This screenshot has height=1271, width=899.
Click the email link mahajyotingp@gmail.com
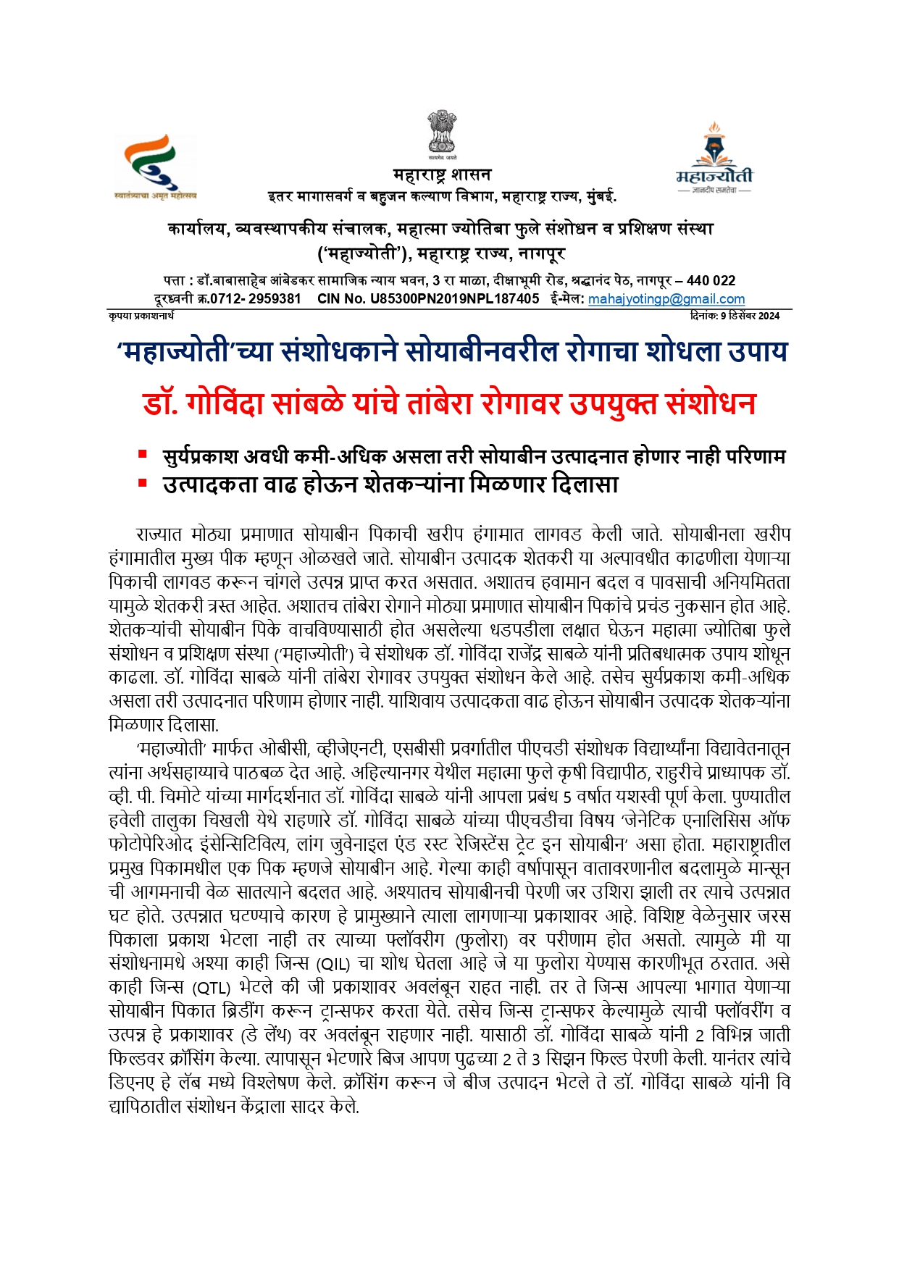666,299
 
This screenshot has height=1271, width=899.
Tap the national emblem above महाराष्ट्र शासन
441,135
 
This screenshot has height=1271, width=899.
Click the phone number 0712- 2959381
256,299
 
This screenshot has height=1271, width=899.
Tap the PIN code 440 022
711,281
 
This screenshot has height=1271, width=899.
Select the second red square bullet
143,482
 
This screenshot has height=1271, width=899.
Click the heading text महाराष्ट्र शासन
442,175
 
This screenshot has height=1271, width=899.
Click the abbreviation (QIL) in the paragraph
333,964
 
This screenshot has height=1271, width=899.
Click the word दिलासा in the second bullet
585,484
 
